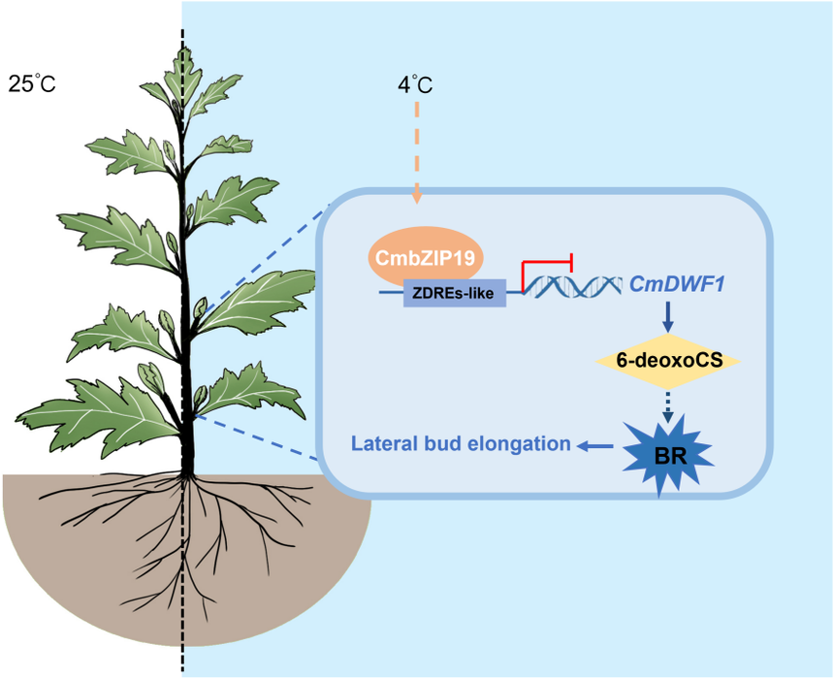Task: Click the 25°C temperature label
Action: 32,83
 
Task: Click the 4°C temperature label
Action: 415,83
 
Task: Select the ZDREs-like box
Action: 454,291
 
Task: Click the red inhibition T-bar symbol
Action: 548,267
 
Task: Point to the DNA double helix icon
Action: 573,286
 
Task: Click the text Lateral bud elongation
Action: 461,444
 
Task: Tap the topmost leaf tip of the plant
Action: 182,48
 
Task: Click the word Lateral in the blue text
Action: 383,444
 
